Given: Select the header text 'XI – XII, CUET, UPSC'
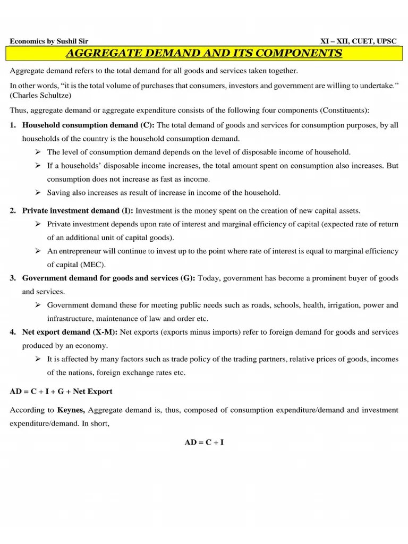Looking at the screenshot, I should (x=359, y=41).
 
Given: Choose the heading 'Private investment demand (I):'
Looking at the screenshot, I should (x=78, y=210).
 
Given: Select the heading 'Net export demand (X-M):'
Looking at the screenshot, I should (x=70, y=332).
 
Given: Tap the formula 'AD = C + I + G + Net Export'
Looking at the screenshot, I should (x=61, y=392).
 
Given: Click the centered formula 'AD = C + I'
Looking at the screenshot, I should (x=204, y=441).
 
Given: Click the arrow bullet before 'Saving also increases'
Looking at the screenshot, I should (x=38, y=192).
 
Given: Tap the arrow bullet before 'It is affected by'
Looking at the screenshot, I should (x=38, y=359).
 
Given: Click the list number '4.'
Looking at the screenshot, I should (x=12, y=332).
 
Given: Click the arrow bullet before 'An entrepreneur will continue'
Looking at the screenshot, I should (x=38, y=251).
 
